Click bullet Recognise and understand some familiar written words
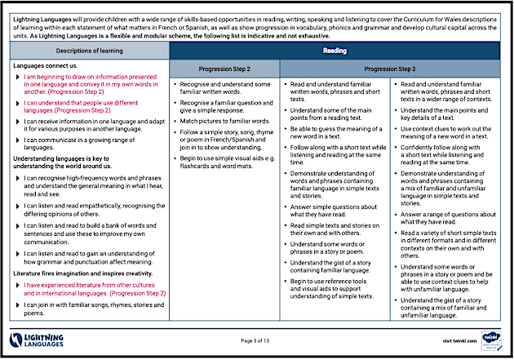[x=224, y=88]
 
